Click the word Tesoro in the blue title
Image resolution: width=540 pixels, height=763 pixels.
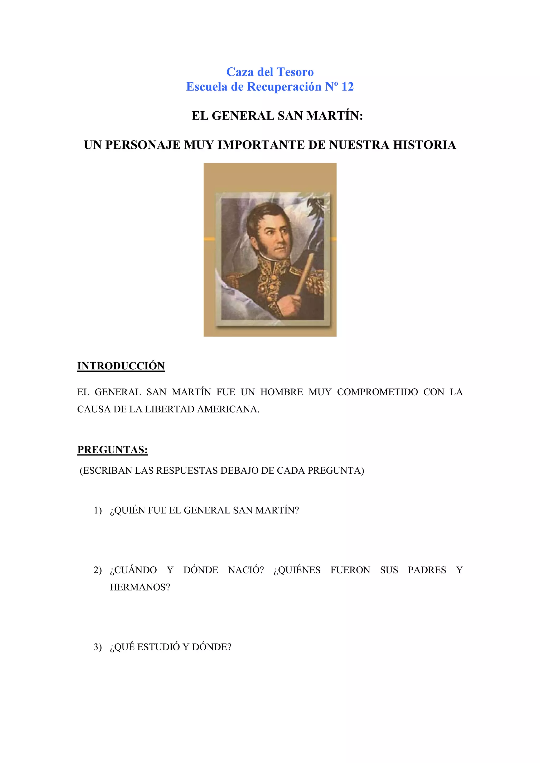pyautogui.click(x=295, y=72)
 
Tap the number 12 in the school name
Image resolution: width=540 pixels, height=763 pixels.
pyautogui.click(x=347, y=87)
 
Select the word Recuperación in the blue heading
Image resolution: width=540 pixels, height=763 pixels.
pyautogui.click(x=284, y=87)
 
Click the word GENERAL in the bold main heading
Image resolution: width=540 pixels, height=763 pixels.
pyautogui.click(x=243, y=116)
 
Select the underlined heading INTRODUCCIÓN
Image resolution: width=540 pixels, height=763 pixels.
pyautogui.click(x=121, y=366)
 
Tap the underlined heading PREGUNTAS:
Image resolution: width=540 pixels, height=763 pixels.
pyautogui.click(x=113, y=450)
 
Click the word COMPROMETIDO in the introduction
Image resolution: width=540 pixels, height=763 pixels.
pyautogui.click(x=377, y=392)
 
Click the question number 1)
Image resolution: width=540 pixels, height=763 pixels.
pyautogui.click(x=98, y=511)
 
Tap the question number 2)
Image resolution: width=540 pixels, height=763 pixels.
pyautogui.click(x=98, y=570)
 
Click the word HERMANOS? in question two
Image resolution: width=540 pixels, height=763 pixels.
pyautogui.click(x=140, y=587)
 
